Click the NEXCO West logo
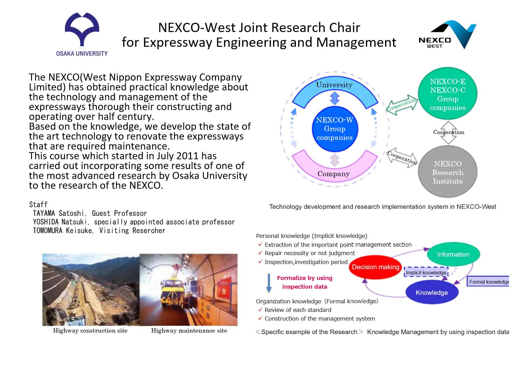[x=448, y=35]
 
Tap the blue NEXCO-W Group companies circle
[x=335, y=129]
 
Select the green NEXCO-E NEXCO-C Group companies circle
[x=448, y=94]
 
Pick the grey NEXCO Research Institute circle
[x=448, y=172]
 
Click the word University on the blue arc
[x=334, y=85]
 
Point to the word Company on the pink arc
[x=333, y=174]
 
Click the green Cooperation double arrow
[x=402, y=105]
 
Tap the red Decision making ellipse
[x=375, y=267]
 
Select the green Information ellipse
[x=453, y=254]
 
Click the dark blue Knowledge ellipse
[x=432, y=293]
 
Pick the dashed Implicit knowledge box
[x=426, y=273]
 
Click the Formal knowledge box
[x=488, y=282]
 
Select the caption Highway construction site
[x=90, y=331]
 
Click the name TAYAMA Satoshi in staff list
[x=58, y=213]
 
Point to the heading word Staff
[x=38, y=205]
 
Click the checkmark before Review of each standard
[x=260, y=310]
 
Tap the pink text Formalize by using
[x=305, y=278]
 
